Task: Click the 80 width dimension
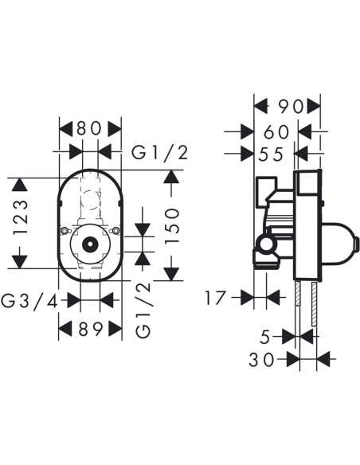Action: tap(89, 129)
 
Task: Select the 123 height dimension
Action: tap(21, 217)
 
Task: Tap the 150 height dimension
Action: tap(172, 225)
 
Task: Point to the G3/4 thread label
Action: tap(29, 302)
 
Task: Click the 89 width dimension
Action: tap(91, 329)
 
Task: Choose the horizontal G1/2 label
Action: tap(160, 153)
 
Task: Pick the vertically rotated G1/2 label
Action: tap(143, 310)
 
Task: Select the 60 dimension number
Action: tap(276, 132)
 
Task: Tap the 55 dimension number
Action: tap(271, 154)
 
